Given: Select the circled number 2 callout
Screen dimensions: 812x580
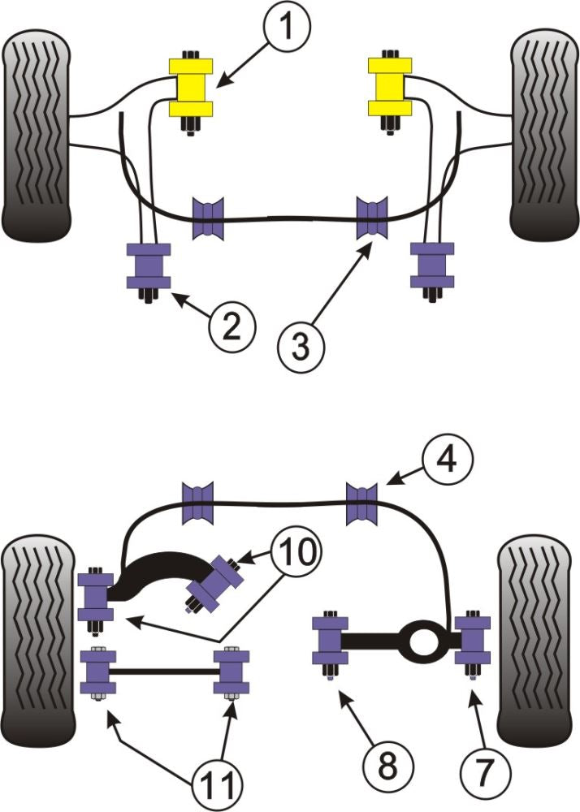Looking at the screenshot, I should [231, 327].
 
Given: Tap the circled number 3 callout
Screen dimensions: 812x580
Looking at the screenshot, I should [301, 347].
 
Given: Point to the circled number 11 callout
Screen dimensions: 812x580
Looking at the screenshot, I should [218, 784].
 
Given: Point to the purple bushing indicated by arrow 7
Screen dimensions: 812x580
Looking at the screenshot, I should [473, 640].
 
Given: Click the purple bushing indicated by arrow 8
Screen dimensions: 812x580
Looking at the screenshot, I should [331, 642].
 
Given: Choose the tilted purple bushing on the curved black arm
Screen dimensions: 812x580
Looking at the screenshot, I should [216, 583].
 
